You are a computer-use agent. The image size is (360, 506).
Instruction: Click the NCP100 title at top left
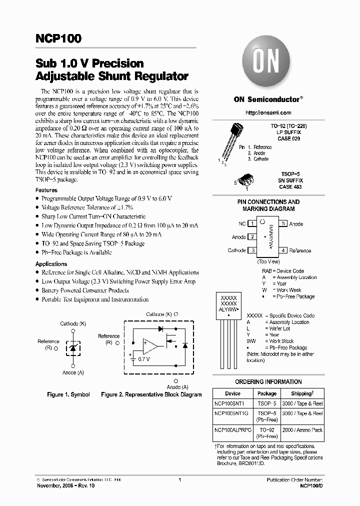point(58,38)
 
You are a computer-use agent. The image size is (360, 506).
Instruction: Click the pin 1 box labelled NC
point(253,223)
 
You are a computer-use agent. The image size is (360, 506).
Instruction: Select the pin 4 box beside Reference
point(283,250)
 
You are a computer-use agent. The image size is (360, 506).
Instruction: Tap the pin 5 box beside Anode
point(283,223)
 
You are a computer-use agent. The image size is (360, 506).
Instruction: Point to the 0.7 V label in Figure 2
point(144,359)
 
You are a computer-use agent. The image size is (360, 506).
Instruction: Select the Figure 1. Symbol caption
point(68,394)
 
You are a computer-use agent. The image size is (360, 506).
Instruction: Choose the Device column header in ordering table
point(232,393)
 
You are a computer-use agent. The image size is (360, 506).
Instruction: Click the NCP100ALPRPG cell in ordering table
point(232,430)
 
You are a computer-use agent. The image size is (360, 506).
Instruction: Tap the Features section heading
point(46,190)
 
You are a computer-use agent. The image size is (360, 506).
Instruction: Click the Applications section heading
point(51,264)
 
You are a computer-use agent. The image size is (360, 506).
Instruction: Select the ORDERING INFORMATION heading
point(268,381)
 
